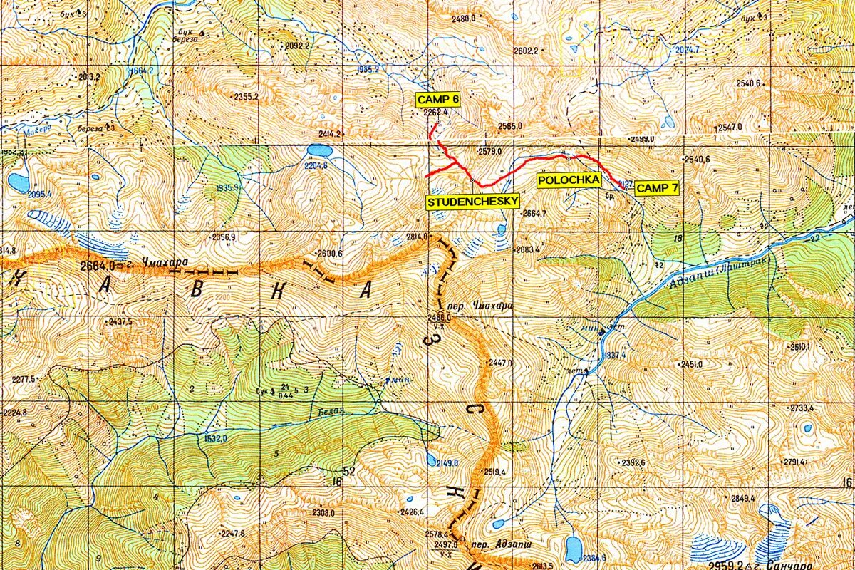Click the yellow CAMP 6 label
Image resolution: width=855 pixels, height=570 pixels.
[x=438, y=100]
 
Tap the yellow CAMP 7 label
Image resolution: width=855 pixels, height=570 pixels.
[x=657, y=188]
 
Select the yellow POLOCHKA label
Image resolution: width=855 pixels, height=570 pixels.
[x=569, y=180]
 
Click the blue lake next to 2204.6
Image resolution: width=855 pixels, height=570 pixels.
[x=319, y=151]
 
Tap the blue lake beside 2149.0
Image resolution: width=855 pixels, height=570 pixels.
[x=432, y=459]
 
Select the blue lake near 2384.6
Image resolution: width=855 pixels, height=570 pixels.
[x=574, y=549]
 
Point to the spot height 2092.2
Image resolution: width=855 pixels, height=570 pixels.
[x=297, y=46]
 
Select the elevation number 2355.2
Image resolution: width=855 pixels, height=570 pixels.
[x=245, y=96]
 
